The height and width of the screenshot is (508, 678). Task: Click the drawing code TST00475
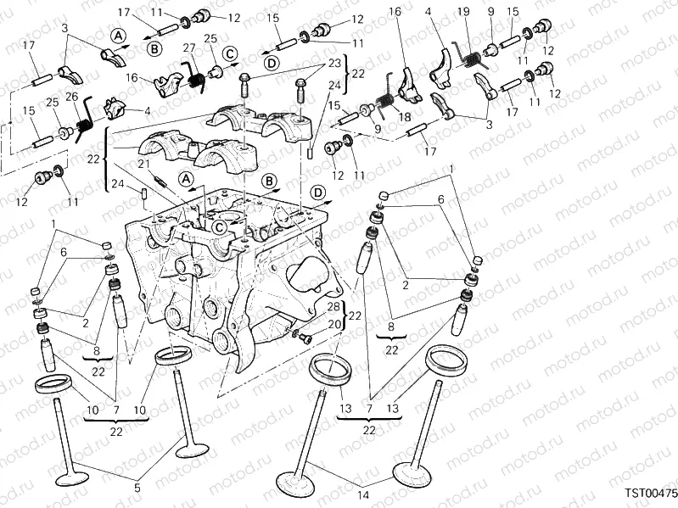click(x=651, y=493)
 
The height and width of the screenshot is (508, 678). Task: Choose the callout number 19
click(x=462, y=11)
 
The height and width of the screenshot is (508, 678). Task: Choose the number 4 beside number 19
click(x=429, y=11)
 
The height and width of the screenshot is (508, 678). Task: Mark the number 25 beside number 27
click(x=210, y=38)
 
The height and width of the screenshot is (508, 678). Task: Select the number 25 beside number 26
click(x=51, y=103)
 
